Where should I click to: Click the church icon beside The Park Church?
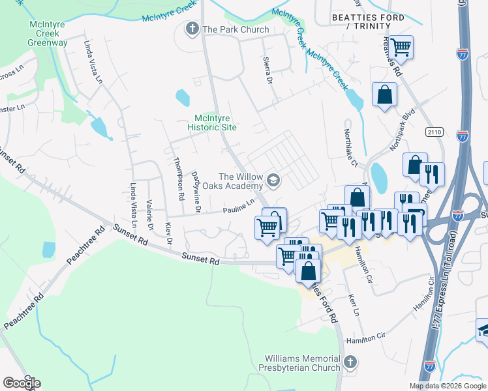tap(192, 29)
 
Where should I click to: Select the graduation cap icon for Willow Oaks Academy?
tap(273, 180)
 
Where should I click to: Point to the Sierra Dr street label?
tap(267, 71)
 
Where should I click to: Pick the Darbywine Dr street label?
tap(196, 192)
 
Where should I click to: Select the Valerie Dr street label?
tap(150, 215)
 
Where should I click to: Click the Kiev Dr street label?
tap(169, 233)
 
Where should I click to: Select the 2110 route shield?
tap(435, 132)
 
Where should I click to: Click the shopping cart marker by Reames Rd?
tap(402, 47)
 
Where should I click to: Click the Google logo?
tap(22, 383)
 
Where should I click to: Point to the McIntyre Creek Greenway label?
tap(48, 33)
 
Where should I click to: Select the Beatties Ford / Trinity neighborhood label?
tap(369, 21)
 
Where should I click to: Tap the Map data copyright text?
tap(448, 386)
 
